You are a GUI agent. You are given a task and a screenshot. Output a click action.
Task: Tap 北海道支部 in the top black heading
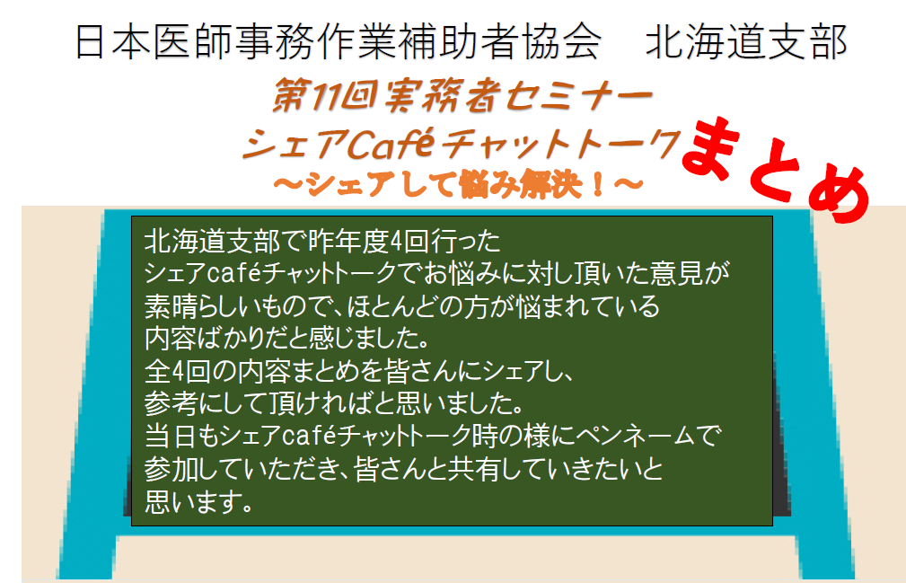(x=746, y=42)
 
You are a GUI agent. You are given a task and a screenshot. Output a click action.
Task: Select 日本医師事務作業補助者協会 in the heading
(x=339, y=42)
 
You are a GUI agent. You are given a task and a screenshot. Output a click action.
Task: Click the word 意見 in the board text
(x=675, y=273)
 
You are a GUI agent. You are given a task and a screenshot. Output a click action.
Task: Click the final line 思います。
(x=199, y=501)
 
